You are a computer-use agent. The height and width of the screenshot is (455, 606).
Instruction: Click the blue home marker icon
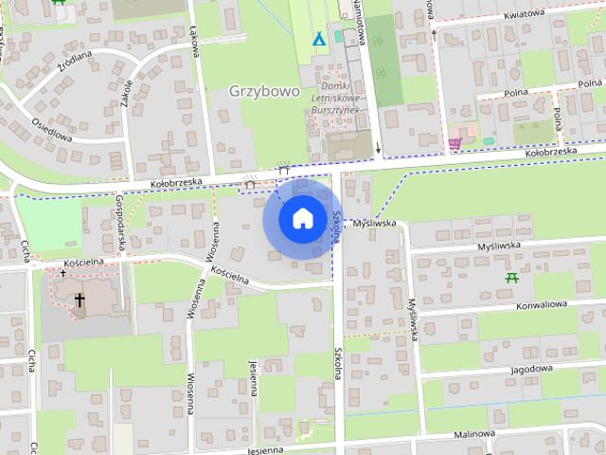point(302,219)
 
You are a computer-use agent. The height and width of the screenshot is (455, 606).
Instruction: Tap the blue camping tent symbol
point(320,40)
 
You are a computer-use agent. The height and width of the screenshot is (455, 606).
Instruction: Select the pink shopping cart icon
point(455,143)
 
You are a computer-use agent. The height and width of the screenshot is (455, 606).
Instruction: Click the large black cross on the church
point(80,302)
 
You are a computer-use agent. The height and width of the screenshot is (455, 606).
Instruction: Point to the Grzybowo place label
point(264,92)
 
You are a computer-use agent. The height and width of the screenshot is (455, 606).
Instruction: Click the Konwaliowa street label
point(542,305)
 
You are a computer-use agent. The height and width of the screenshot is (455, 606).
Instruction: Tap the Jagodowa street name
point(530,370)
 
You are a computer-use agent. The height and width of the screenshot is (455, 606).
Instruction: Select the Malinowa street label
point(474,433)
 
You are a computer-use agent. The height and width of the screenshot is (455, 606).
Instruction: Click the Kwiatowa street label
point(524,14)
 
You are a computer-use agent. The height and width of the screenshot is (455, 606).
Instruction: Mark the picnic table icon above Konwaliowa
point(512,278)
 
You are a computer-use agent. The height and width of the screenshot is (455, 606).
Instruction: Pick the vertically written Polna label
point(559,118)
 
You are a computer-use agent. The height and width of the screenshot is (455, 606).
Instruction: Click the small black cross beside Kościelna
point(63,273)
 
